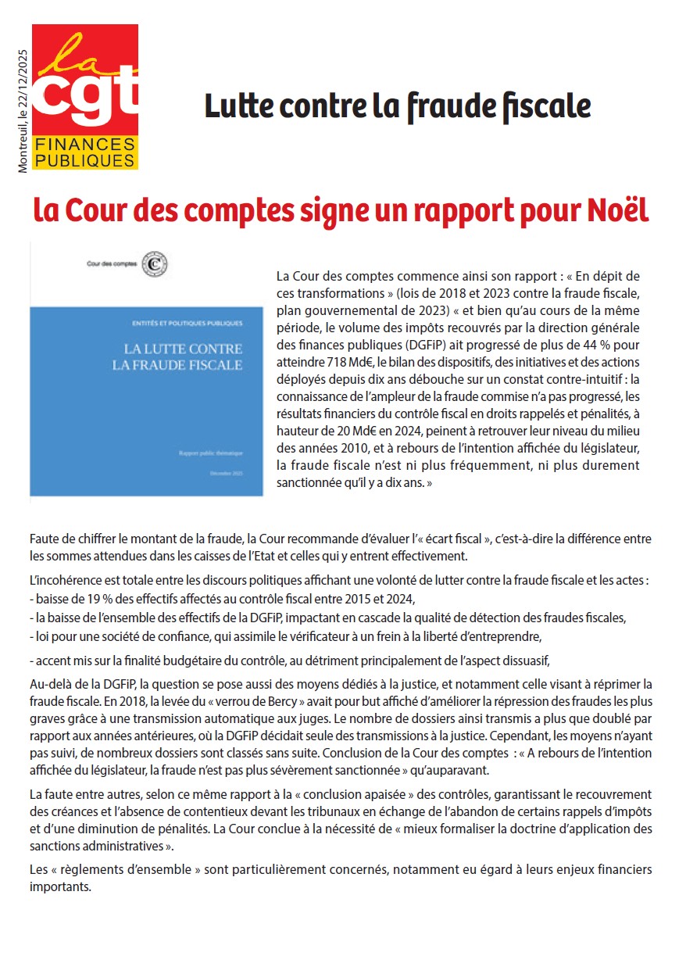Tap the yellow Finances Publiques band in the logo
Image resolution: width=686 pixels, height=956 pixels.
(85, 152)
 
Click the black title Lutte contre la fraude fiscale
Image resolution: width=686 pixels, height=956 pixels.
(397, 106)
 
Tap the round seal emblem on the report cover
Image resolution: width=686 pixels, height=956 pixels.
(157, 266)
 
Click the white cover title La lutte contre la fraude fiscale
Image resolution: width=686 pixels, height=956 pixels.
(177, 356)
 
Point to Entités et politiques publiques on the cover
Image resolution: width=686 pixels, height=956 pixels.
(187, 323)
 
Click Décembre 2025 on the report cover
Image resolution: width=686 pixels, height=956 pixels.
(226, 474)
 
